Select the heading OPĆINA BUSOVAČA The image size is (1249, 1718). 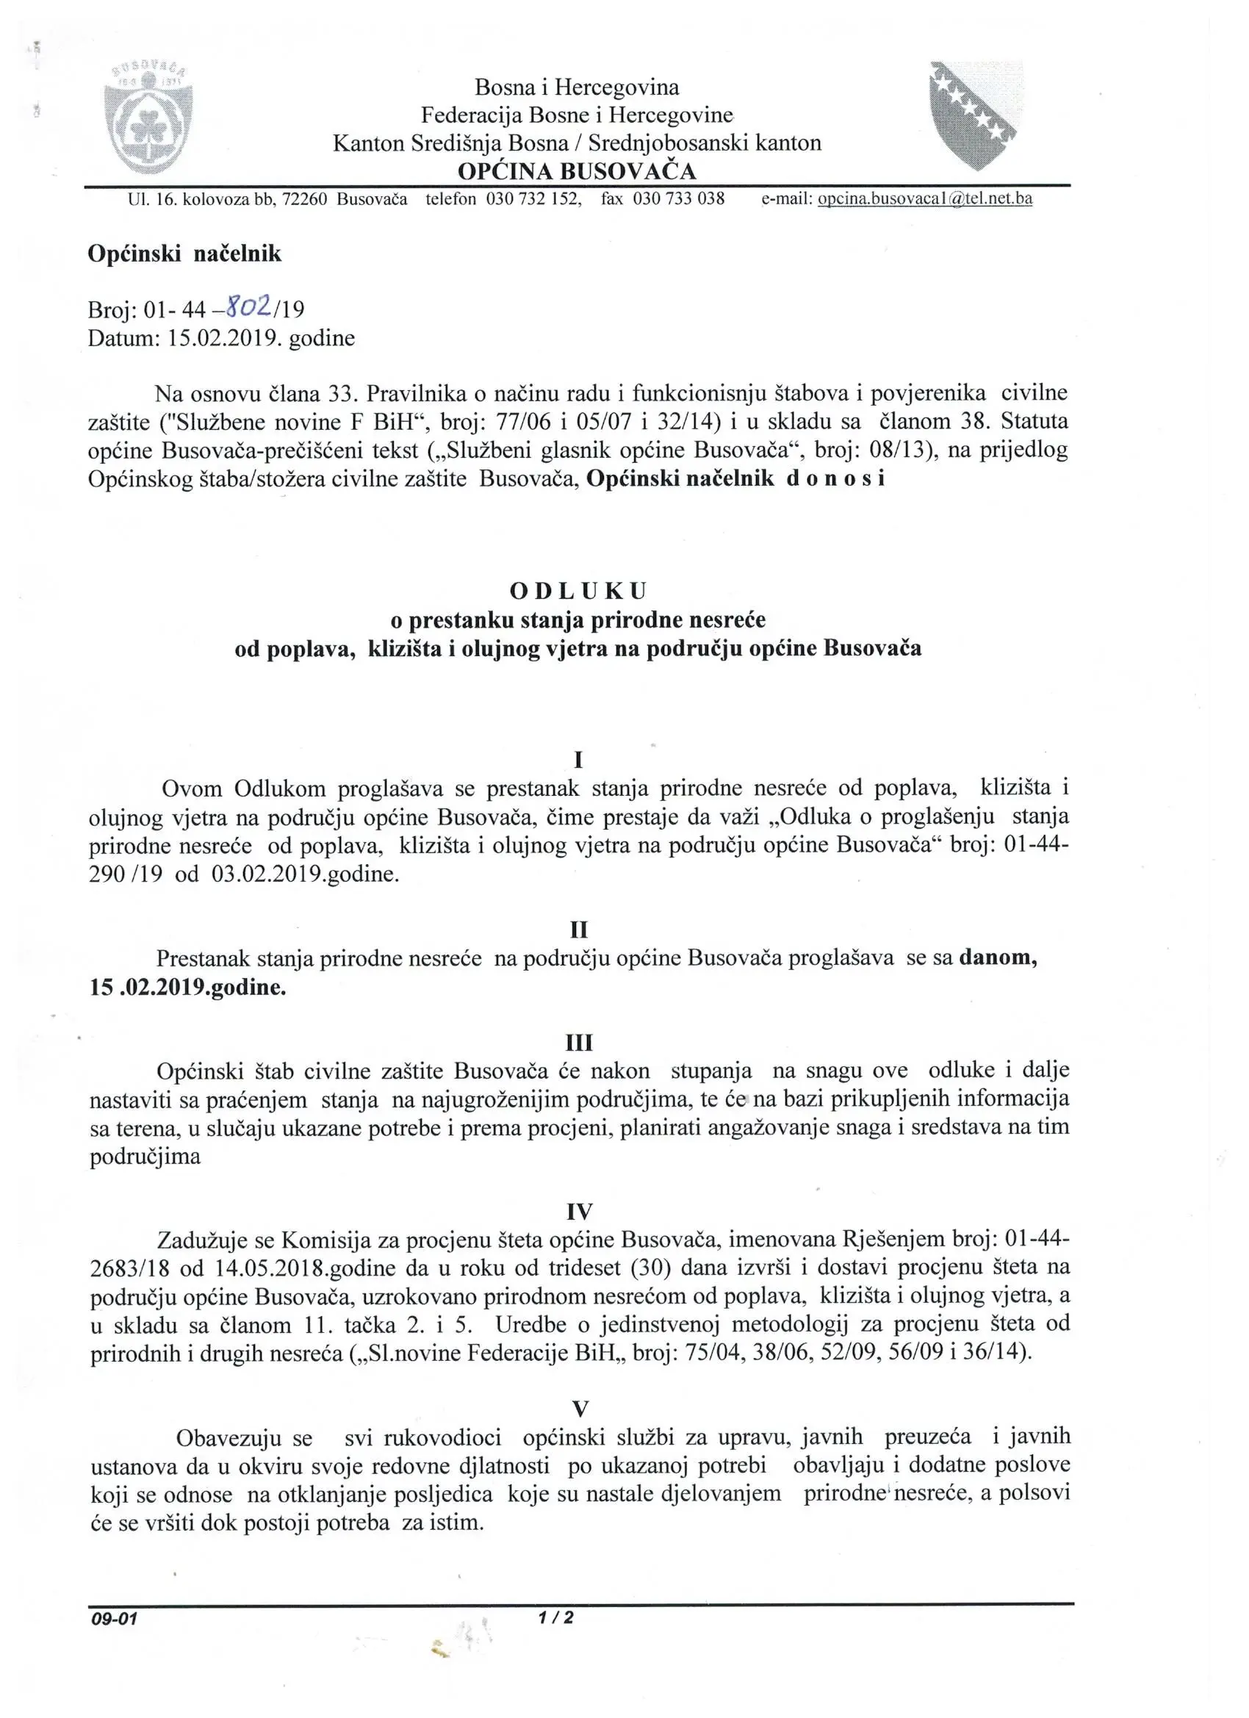pyautogui.click(x=577, y=171)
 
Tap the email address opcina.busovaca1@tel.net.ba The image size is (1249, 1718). pyautogui.click(x=925, y=199)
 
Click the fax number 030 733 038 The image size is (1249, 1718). pyautogui.click(x=679, y=199)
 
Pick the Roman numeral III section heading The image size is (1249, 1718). pyautogui.click(x=580, y=1043)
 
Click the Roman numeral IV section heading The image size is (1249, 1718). pyautogui.click(x=580, y=1212)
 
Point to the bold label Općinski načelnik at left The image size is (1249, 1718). pyautogui.click(x=184, y=254)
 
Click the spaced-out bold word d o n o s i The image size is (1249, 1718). pyautogui.click(x=835, y=479)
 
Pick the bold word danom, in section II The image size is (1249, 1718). pyautogui.click(x=998, y=958)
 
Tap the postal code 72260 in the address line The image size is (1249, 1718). pyautogui.click(x=303, y=199)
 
